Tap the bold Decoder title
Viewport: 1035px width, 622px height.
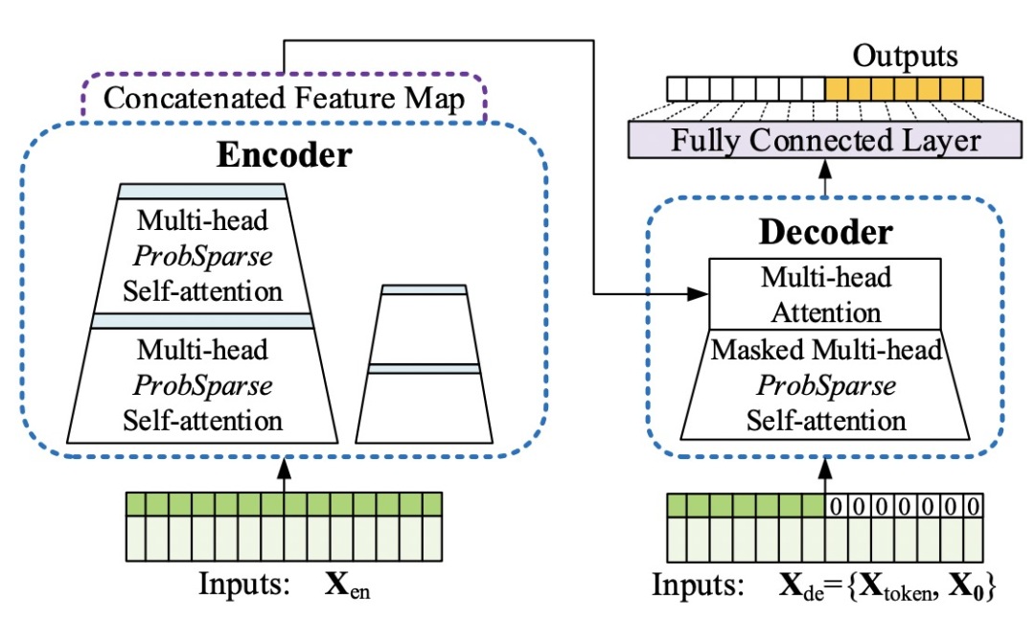pos(826,232)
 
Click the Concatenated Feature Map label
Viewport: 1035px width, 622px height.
pos(284,99)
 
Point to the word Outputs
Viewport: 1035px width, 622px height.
pos(905,56)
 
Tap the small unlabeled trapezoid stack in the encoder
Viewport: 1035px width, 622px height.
pos(424,364)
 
